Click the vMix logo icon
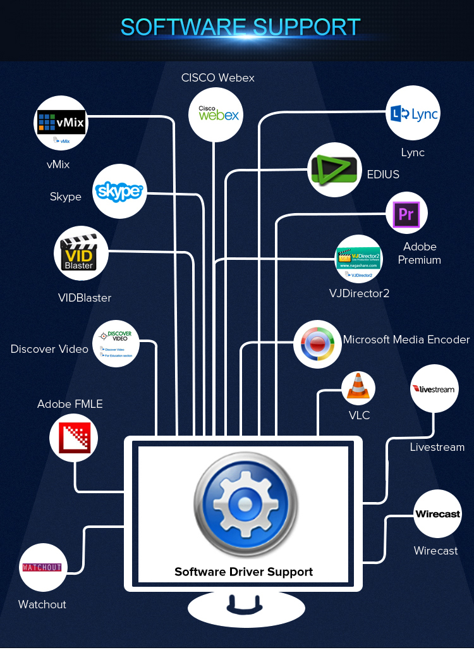[61, 123]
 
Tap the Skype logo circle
[119, 191]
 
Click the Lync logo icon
[413, 114]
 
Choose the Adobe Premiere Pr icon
[406, 214]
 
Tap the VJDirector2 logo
[358, 259]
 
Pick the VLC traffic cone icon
[358, 388]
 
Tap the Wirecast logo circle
[437, 514]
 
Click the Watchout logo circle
[42, 567]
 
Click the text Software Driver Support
[243, 572]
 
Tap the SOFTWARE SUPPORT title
[240, 27]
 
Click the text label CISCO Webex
[218, 78]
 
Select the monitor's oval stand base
[246, 609]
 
